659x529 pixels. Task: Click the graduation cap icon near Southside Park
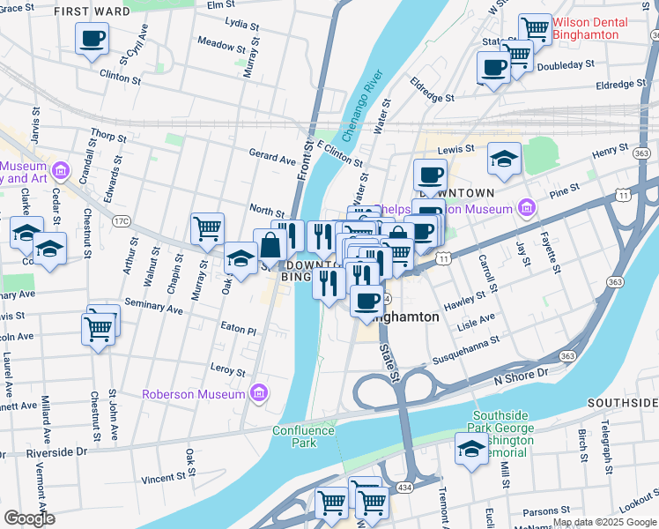(x=471, y=450)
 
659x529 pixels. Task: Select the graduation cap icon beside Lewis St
(x=504, y=159)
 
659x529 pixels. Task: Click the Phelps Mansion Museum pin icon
(x=527, y=208)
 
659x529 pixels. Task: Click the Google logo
(x=29, y=518)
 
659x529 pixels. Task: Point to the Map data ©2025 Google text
(x=604, y=522)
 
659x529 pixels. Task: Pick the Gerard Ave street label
(x=272, y=160)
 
